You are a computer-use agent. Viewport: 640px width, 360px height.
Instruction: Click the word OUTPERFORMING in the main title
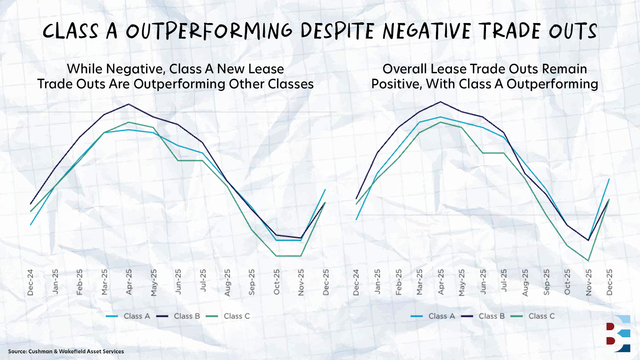coord(209,31)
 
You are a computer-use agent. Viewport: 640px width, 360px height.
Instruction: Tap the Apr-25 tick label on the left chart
coord(129,282)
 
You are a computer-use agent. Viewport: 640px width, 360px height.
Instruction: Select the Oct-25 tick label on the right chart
coord(567,282)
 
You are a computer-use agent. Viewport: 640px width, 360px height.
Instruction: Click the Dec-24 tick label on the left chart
coord(30,282)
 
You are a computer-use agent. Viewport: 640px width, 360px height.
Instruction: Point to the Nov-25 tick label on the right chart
coord(589,282)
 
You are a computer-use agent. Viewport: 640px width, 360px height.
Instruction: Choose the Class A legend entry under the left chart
coord(129,316)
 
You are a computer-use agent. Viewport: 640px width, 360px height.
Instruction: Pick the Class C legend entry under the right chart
coord(533,316)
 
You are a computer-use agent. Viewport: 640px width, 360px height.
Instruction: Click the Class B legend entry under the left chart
coord(179,316)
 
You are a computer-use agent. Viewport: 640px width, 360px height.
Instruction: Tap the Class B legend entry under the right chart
coord(483,316)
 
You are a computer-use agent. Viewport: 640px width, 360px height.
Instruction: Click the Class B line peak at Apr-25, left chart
coord(129,104)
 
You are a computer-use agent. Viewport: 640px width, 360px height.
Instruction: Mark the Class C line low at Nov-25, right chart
coord(588,260)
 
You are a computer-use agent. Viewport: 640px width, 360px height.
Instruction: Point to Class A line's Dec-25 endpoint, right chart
coord(609,179)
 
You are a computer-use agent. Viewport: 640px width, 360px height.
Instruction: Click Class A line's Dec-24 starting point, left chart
coord(31,224)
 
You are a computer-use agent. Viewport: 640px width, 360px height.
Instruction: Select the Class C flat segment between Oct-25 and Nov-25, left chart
coord(289,256)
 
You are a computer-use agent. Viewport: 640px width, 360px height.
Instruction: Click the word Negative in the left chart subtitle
coord(136,69)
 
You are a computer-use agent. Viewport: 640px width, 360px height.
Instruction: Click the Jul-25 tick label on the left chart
coord(203,281)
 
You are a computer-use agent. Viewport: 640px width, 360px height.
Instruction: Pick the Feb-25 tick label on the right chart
coord(399,282)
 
